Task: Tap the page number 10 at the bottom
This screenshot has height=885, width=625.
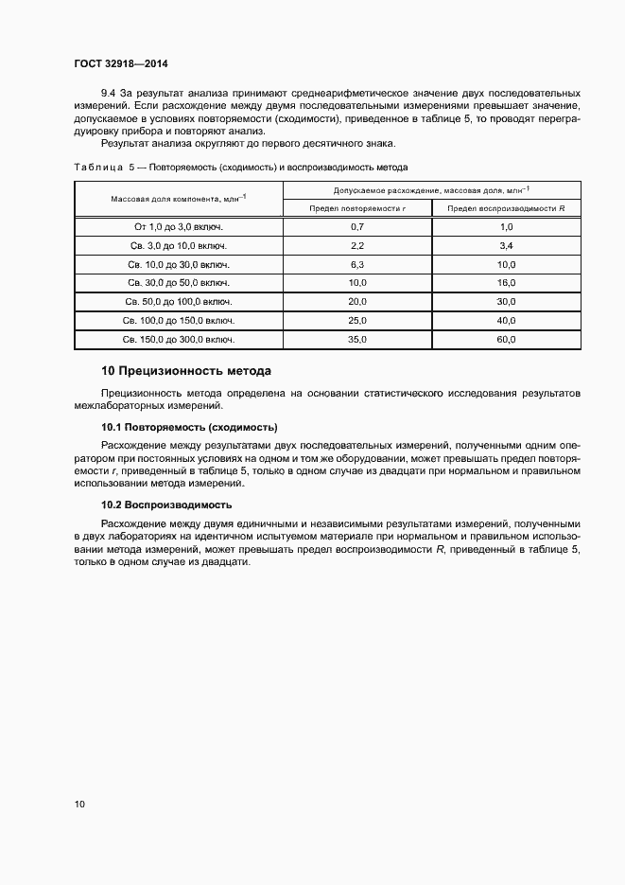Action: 79,805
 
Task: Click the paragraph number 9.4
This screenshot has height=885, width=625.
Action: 108,94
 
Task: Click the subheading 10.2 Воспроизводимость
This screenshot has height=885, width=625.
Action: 165,504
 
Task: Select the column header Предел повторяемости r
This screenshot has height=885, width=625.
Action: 357,208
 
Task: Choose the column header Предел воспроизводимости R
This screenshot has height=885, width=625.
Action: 506,208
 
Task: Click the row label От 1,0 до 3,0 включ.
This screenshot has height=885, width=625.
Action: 178,227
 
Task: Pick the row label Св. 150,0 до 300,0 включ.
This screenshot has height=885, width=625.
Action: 178,338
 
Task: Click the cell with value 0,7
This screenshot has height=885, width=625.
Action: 357,227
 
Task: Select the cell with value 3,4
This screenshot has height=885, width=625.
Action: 506,246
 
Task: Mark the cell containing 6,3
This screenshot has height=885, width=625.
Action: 357,264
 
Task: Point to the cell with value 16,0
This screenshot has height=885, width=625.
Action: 506,283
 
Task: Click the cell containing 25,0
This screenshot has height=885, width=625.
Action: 357,320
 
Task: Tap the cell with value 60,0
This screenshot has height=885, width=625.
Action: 506,338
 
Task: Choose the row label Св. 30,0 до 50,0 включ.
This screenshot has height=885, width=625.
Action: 178,283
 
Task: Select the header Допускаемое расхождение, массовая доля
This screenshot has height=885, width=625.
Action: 432,190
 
